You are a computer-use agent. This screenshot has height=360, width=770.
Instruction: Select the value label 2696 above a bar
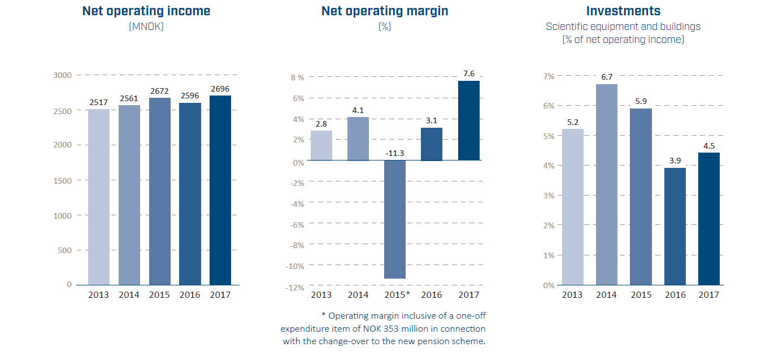tap(220, 89)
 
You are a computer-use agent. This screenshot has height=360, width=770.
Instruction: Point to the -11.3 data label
tap(395, 153)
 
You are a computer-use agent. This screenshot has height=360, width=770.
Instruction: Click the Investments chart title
tap(623, 11)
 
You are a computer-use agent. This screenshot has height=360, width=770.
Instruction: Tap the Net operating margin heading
tap(385, 11)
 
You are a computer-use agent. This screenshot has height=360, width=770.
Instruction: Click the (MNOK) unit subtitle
tap(146, 26)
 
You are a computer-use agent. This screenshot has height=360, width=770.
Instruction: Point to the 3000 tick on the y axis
tap(63, 75)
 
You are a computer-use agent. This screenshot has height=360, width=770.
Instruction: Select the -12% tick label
tap(295, 287)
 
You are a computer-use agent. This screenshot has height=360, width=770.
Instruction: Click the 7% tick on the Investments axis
tap(549, 76)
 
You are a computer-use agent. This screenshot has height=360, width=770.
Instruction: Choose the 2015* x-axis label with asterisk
tap(397, 295)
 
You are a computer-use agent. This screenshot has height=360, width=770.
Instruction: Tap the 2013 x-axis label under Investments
tap(572, 295)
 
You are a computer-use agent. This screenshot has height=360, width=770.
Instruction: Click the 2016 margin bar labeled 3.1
tap(432, 144)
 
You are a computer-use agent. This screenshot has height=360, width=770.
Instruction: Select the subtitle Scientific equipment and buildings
tap(623, 27)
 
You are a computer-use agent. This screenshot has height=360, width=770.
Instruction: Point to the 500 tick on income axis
tap(65, 250)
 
